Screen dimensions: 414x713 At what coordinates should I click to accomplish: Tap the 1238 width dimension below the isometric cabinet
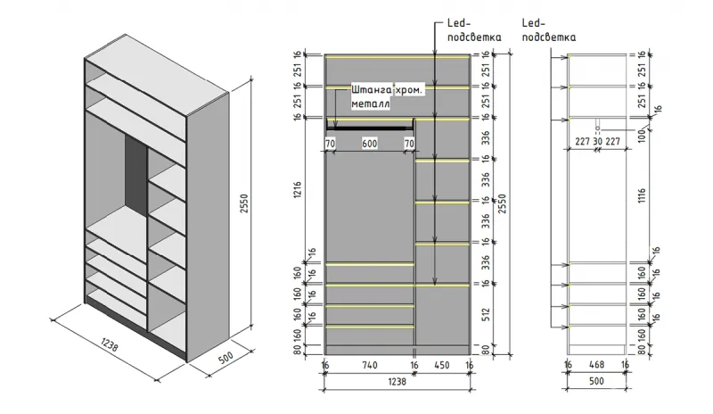108,344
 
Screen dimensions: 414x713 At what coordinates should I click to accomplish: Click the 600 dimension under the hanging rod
369,143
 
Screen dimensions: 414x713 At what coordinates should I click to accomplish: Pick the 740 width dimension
369,366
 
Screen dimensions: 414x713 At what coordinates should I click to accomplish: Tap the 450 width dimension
442,366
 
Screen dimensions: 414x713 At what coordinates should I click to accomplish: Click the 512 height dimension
486,314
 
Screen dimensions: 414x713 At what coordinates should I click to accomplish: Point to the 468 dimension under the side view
596,366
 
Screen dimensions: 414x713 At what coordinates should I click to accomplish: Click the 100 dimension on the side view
643,133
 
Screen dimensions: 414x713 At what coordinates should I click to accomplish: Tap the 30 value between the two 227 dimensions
596,140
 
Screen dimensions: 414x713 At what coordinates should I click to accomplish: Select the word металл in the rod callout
371,103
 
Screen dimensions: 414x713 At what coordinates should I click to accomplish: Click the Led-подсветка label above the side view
547,30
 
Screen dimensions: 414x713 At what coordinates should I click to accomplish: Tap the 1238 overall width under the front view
397,382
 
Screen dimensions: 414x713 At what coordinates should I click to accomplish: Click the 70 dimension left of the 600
330,143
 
